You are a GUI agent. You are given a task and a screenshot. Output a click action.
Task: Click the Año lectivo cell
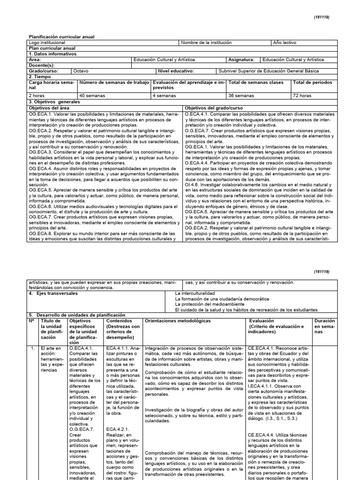pos(284,42)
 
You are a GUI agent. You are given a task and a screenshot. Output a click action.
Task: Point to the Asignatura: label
pos(241,60)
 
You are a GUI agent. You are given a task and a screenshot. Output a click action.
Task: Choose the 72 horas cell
pos(302,95)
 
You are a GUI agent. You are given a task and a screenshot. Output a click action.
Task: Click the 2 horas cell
pos(37,95)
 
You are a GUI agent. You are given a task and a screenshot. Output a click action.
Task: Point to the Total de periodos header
pos(312,82)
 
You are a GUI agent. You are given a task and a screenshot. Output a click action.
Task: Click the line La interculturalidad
pos(197,293)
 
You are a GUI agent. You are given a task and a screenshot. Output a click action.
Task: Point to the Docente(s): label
pos(42,65)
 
